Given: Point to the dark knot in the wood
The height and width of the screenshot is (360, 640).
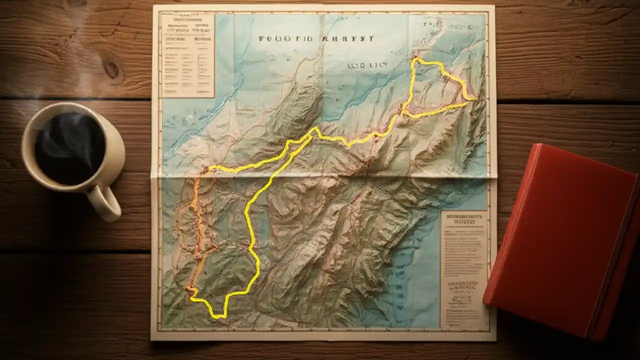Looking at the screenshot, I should (x=111, y=69).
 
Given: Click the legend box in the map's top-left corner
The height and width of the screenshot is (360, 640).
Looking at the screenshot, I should (x=187, y=55).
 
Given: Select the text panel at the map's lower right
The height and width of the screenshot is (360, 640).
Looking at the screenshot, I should (x=463, y=270).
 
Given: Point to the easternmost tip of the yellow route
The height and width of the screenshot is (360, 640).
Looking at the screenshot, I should (x=473, y=99).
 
